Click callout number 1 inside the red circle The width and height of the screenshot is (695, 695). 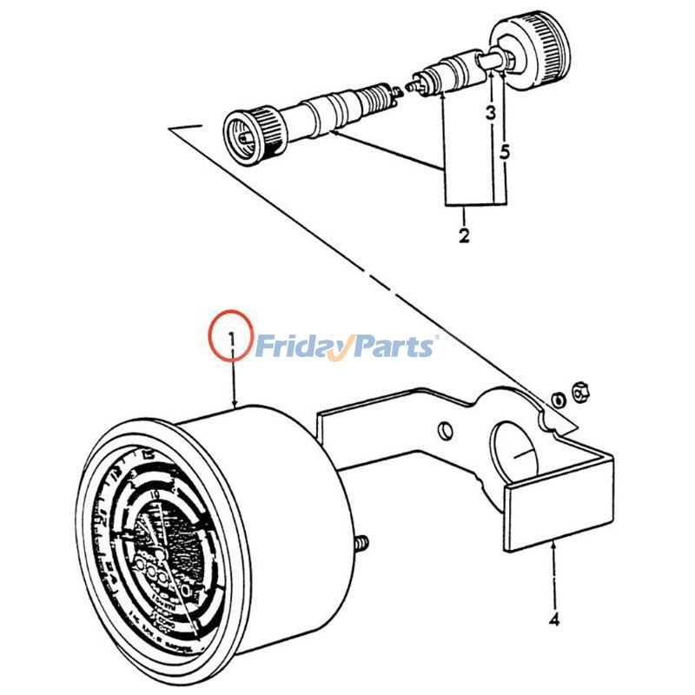[231, 336]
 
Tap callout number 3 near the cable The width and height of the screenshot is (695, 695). [491, 113]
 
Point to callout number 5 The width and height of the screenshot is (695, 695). [505, 150]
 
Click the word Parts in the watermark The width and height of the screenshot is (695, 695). [391, 347]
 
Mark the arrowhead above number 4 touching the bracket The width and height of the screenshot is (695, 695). [553, 547]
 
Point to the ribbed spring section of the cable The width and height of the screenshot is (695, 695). [377, 96]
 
